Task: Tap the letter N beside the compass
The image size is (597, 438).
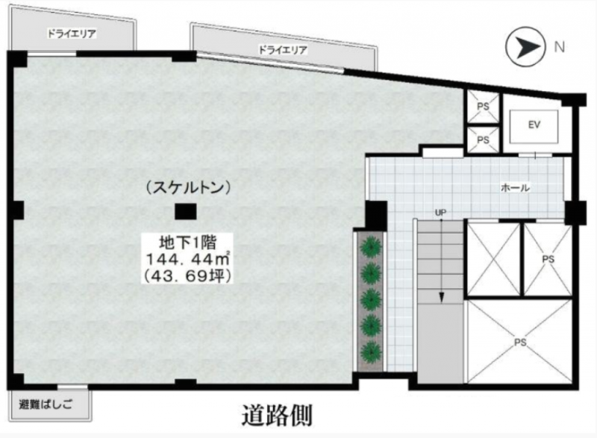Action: point(559,47)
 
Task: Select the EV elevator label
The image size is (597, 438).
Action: point(534,125)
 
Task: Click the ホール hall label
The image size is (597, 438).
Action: point(515,187)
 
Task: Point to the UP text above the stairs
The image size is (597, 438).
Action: point(440,213)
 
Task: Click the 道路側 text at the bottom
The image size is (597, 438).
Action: point(277,415)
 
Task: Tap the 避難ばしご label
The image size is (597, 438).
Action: point(46,405)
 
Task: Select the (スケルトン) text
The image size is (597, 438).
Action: point(189,187)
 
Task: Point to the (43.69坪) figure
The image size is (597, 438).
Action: point(188,276)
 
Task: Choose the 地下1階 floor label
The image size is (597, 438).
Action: point(188,243)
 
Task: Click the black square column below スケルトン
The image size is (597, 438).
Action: point(185,212)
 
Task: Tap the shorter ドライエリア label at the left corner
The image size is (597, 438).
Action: point(72,34)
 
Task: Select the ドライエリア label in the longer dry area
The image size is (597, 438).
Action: point(283,50)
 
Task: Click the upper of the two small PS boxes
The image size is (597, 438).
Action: point(483,107)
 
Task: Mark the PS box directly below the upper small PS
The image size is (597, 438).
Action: point(483,140)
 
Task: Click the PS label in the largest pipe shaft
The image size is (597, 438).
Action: point(520,342)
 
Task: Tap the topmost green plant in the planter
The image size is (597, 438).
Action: point(371,246)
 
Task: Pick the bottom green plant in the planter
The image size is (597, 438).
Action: point(371,352)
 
